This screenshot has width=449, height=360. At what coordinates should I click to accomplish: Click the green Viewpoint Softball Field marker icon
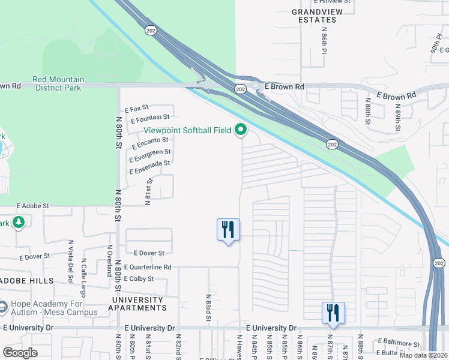[x=241, y=130]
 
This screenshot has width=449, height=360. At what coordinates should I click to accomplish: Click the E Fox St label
[x=136, y=109]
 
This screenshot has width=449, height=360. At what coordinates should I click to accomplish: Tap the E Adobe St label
[x=32, y=205]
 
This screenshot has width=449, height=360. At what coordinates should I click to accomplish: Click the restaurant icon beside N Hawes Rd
[x=228, y=229]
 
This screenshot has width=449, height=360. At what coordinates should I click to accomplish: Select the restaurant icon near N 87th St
[x=333, y=313]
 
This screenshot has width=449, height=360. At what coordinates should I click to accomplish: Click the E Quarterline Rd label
[x=148, y=267]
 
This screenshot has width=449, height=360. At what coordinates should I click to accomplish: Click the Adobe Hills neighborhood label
[x=26, y=281]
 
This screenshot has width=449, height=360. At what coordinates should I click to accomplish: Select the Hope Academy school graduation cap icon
[x=3, y=307]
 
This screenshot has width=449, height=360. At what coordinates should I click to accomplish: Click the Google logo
[x=20, y=353]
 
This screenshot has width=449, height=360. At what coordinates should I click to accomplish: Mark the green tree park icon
[x=18, y=223]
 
